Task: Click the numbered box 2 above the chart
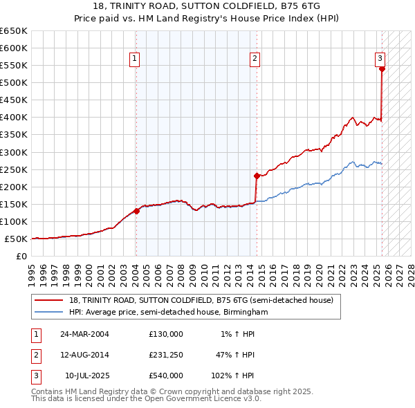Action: coord(255,59)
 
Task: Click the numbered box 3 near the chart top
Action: coord(380,59)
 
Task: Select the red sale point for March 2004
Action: coord(137,211)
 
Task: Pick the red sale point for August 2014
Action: coord(257,176)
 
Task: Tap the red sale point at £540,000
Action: coord(382,68)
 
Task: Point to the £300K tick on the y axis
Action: coord(15,152)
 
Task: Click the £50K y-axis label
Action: coord(17,239)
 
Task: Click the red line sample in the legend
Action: coord(48,300)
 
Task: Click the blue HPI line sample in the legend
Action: coord(48,312)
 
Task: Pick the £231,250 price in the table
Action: coord(166,355)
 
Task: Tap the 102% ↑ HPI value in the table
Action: coord(233,375)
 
